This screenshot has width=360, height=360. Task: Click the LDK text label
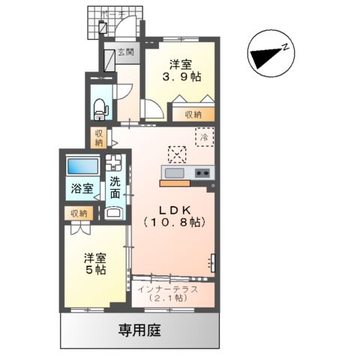pos(173,208)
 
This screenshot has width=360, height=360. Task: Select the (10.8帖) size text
pos(173,222)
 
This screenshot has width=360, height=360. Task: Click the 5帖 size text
pos(94,269)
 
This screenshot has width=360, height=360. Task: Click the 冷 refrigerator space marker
pos(202,136)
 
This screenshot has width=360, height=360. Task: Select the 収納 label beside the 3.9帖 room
pos(193,115)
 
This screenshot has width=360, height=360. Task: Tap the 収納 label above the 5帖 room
pos(79,214)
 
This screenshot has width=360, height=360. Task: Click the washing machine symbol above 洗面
pos(115,163)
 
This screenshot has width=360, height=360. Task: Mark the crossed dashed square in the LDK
pos(178,154)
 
